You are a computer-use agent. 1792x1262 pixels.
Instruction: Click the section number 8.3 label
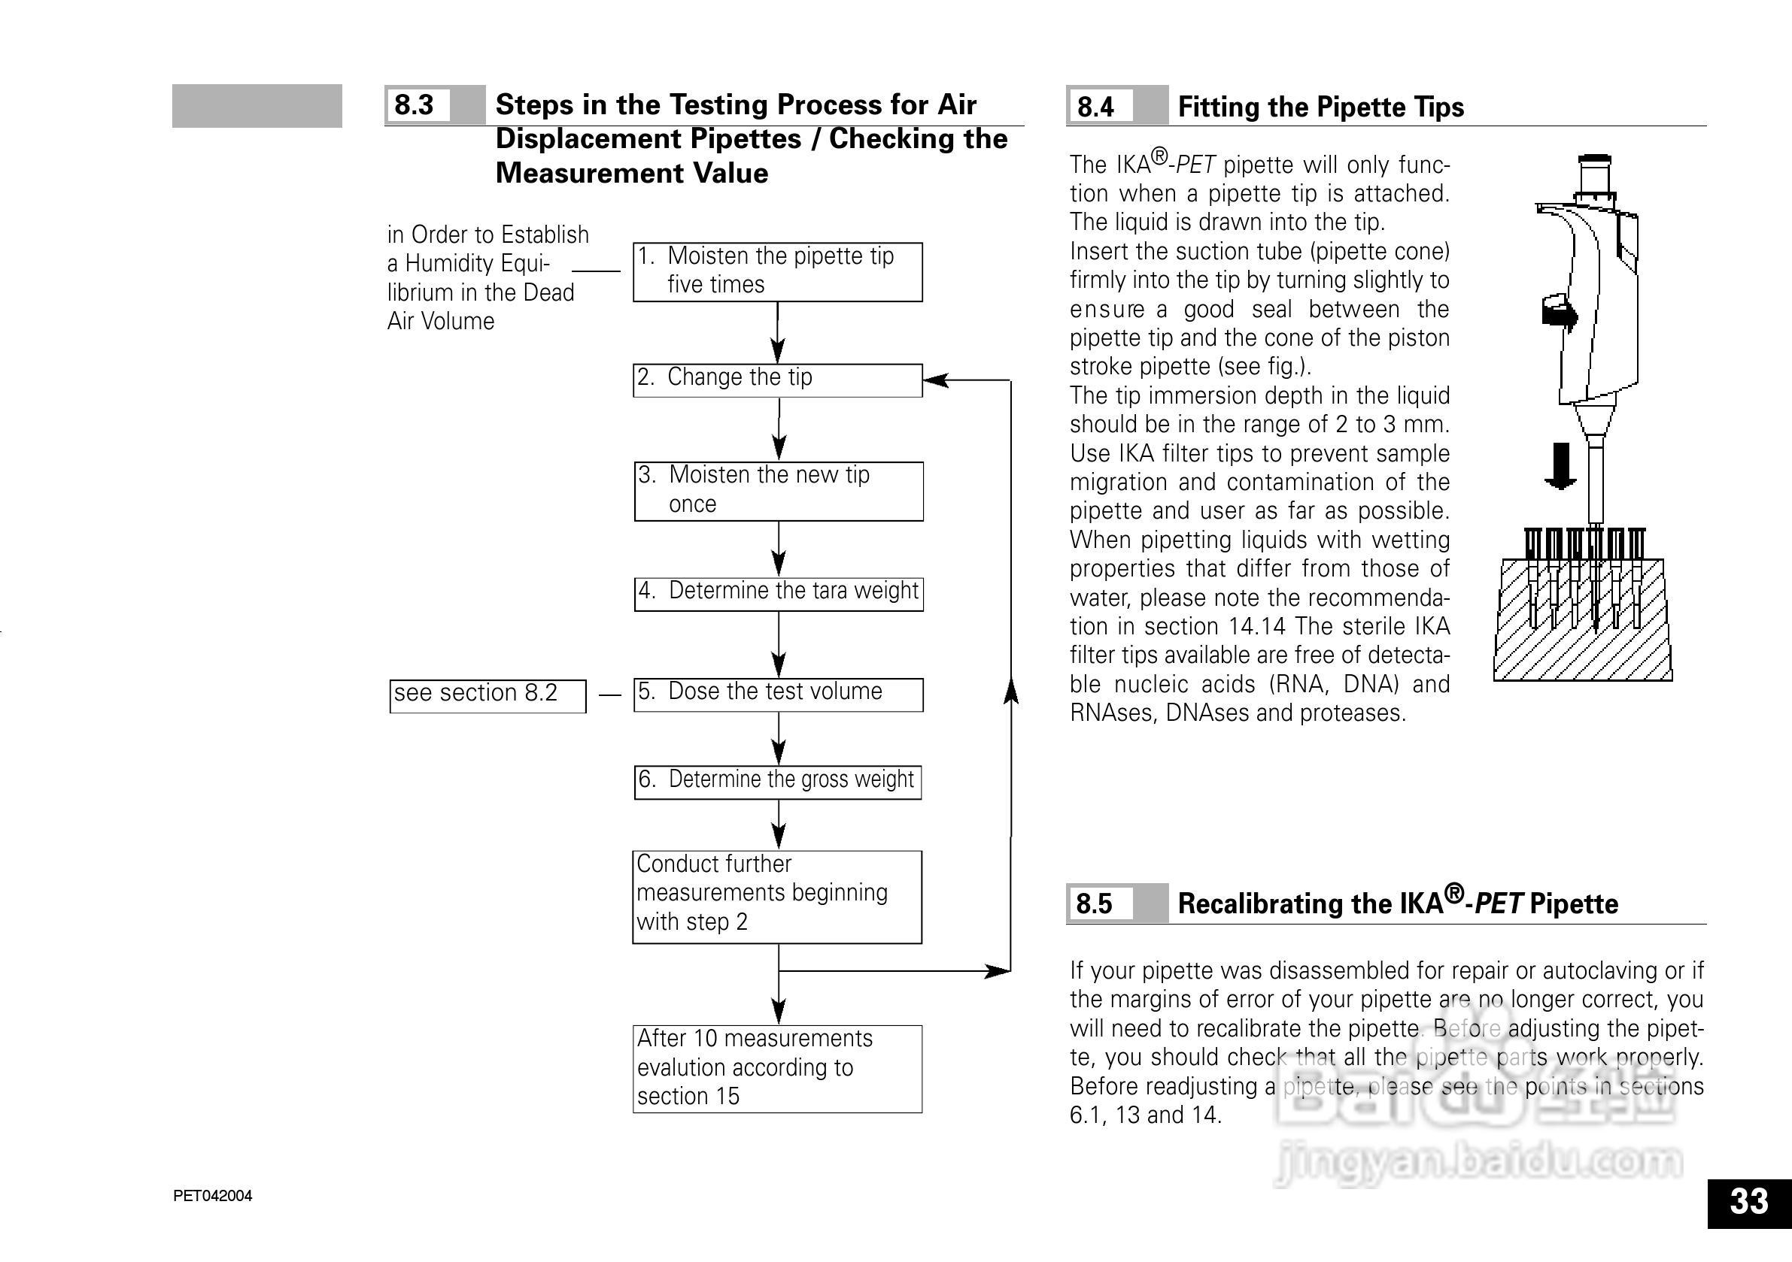415,105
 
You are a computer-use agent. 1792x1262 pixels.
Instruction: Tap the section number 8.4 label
1097,107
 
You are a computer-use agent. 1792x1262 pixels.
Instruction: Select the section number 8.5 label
1095,904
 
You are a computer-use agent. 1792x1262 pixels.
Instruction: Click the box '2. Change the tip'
777,380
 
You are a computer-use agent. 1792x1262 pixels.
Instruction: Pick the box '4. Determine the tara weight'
778,594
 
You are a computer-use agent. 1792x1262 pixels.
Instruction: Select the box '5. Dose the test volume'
778,695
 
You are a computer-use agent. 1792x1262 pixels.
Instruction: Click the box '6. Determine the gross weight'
777,782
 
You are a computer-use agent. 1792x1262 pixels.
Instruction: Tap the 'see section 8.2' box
487,696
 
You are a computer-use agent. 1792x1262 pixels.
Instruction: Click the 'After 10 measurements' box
777,1069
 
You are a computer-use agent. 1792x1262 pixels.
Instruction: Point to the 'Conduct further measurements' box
777,896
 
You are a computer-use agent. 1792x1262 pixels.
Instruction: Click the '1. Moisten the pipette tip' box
777,271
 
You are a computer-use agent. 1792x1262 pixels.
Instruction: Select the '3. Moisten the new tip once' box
778,491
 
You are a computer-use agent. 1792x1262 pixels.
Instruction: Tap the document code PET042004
212,1196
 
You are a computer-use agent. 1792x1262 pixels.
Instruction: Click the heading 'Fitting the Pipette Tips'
1320,107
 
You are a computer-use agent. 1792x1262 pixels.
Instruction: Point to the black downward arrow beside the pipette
1560,466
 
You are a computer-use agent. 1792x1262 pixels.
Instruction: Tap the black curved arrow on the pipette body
1559,313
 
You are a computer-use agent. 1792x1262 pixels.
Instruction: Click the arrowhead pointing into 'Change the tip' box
935,380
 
